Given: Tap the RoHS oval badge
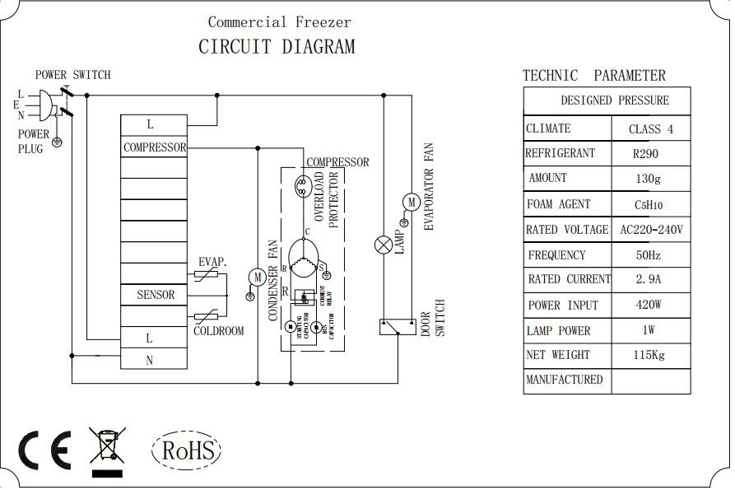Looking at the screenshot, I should click(x=187, y=450).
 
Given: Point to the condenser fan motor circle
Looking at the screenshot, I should click(x=257, y=278).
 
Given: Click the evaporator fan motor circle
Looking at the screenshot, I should click(x=409, y=202).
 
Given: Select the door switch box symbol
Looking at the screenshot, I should click(x=396, y=326).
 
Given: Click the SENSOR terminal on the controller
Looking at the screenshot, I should click(x=156, y=295).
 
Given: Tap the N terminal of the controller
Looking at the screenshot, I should click(x=150, y=360).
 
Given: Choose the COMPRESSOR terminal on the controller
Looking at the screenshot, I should click(x=154, y=148).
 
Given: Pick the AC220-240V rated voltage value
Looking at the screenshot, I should click(x=651, y=230).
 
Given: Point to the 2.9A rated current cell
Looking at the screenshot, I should click(x=649, y=280).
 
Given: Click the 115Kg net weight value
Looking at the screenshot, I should click(x=646, y=356).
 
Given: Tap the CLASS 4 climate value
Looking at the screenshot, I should click(x=650, y=129).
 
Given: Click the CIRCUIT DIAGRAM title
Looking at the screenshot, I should click(x=277, y=47).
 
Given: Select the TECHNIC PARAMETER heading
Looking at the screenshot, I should click(x=593, y=76).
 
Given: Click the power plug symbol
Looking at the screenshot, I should click(x=47, y=105).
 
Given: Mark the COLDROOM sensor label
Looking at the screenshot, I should click(x=219, y=331).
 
